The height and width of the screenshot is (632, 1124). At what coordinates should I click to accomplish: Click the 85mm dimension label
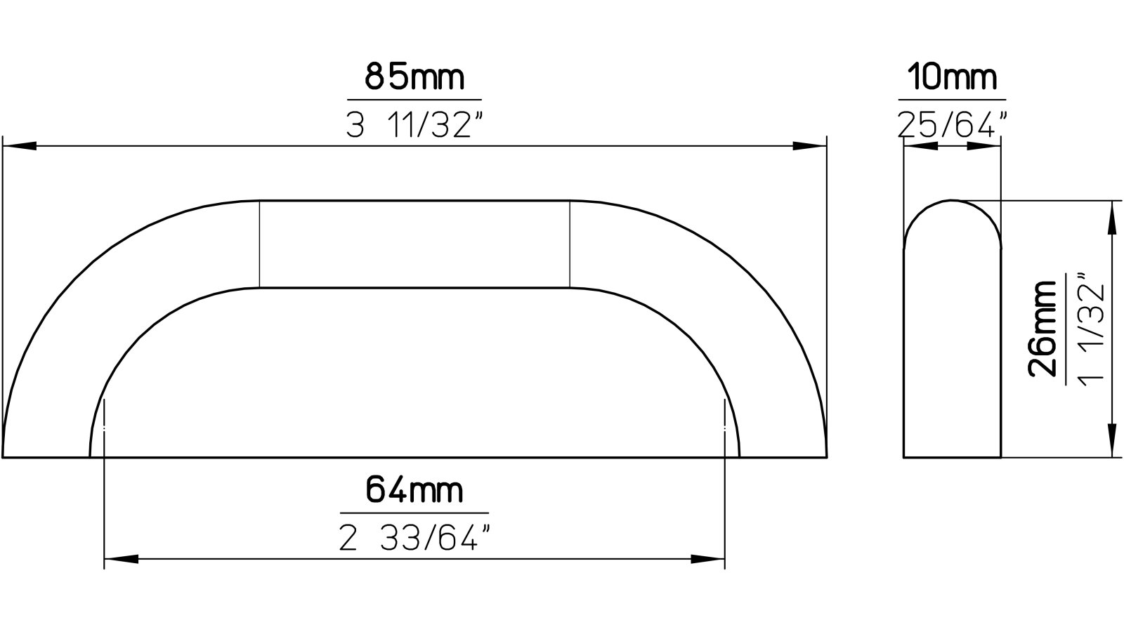(x=414, y=77)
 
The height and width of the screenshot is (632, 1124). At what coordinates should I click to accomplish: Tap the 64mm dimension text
(x=414, y=489)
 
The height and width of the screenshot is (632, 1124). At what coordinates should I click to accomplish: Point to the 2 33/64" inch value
(x=414, y=539)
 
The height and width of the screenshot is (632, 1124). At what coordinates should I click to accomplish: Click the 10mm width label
(x=952, y=77)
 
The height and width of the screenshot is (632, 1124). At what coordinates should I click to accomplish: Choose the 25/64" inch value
(x=953, y=126)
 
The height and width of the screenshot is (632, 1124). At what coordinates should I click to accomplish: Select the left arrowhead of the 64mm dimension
(x=121, y=560)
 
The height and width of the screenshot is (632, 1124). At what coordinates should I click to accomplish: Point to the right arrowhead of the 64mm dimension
(x=707, y=560)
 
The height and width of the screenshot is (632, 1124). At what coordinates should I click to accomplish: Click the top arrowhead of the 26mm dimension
(x=1112, y=217)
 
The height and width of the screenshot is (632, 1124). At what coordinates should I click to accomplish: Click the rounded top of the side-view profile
(x=952, y=204)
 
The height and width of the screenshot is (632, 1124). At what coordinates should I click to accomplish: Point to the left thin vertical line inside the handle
(x=261, y=244)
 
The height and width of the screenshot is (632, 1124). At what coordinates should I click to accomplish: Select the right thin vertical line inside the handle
(x=569, y=244)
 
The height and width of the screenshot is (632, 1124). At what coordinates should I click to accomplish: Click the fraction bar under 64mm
(x=414, y=513)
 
